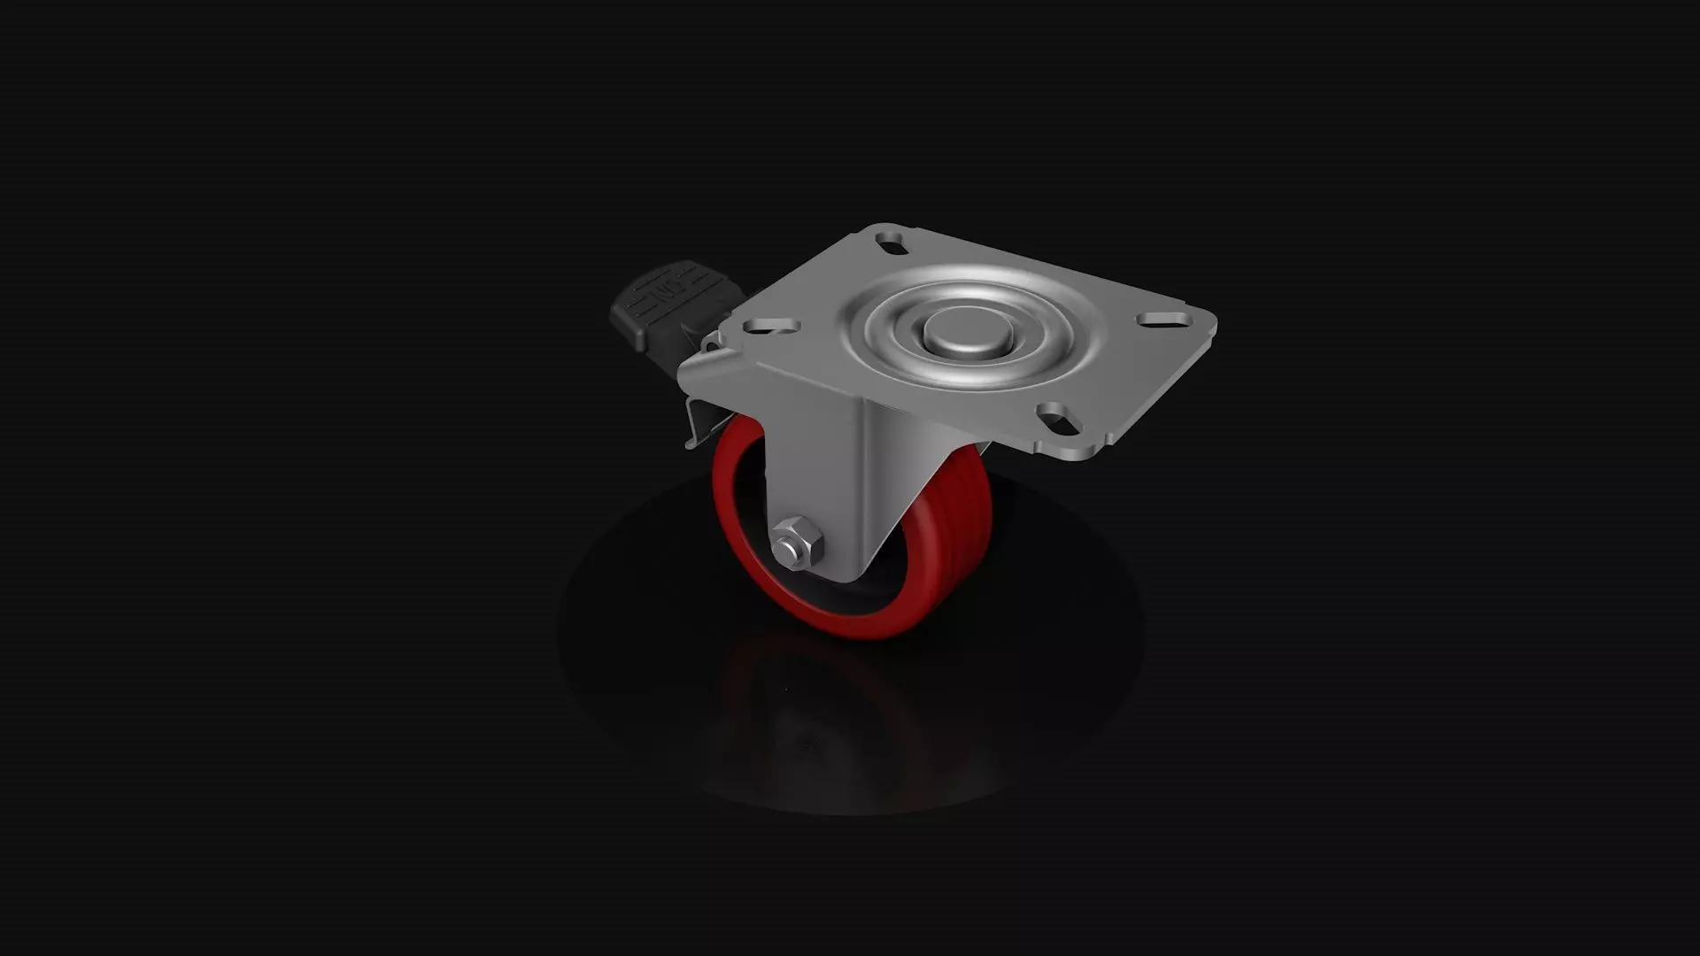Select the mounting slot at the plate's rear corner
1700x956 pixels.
point(891,239)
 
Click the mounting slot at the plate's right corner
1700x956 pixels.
point(1159,318)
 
